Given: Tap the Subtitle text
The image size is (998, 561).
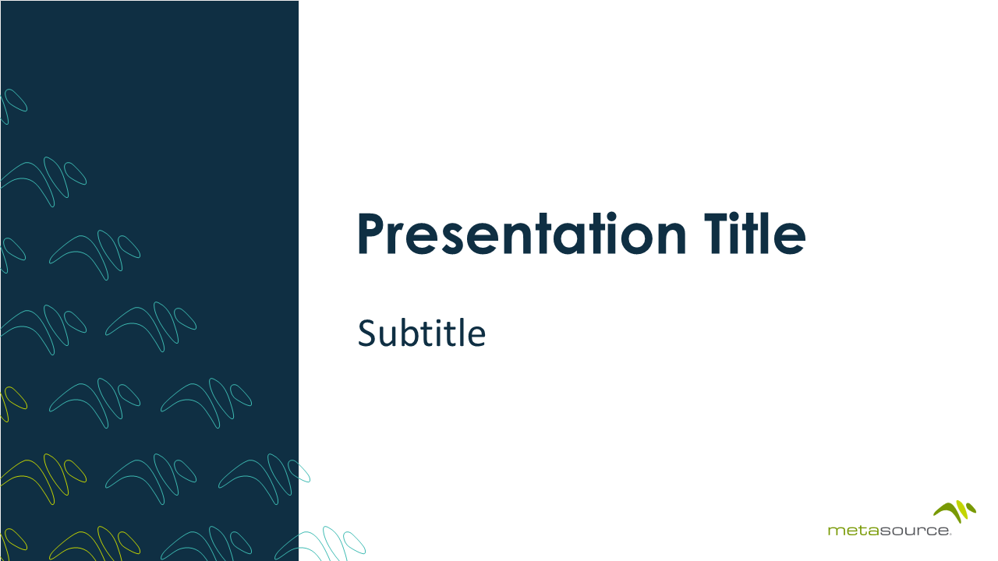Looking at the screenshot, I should (x=421, y=333).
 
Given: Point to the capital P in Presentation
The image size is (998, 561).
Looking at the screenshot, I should (x=372, y=235).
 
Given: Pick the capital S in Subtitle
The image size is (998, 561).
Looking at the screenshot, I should (x=366, y=333).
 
